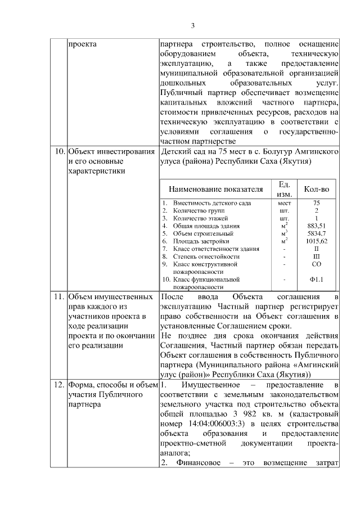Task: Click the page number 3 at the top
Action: click(x=192, y=26)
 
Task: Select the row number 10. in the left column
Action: click(x=59, y=152)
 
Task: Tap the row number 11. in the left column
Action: click(x=59, y=296)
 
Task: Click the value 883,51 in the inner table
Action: click(x=316, y=226)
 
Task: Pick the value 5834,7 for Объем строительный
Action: click(x=316, y=233)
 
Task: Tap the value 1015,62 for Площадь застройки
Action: click(x=316, y=241)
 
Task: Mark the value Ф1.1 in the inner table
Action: click(x=316, y=279)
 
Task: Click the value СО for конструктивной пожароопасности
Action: click(x=316, y=263)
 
